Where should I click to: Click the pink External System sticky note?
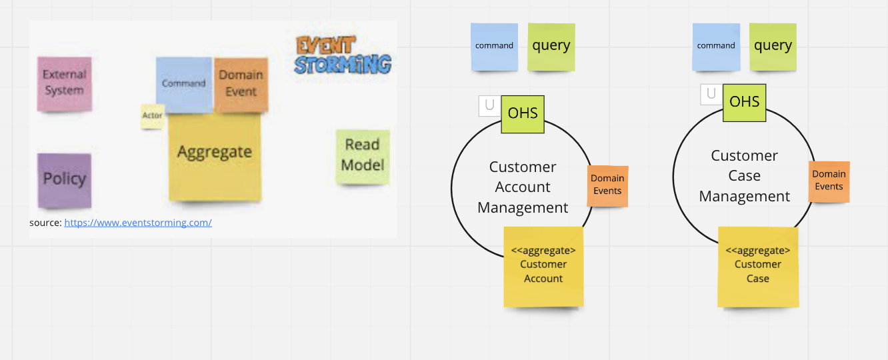click(64, 83)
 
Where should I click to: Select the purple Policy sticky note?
click(64, 179)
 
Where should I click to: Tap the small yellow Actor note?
click(152, 116)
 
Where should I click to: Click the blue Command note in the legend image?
click(183, 84)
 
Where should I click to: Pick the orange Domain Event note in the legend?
click(241, 83)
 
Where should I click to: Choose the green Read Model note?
click(363, 155)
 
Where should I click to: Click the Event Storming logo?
click(342, 55)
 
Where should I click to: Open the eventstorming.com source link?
click(138, 223)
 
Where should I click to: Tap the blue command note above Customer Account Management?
click(494, 47)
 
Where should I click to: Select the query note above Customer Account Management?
click(551, 47)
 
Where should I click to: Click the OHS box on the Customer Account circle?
click(523, 113)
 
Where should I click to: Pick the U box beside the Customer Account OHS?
click(489, 105)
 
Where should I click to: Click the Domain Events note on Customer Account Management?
click(607, 185)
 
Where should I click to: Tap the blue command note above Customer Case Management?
click(716, 47)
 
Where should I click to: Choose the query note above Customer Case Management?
click(773, 47)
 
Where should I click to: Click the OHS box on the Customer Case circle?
click(745, 102)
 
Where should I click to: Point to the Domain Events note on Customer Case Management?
click(829, 181)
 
